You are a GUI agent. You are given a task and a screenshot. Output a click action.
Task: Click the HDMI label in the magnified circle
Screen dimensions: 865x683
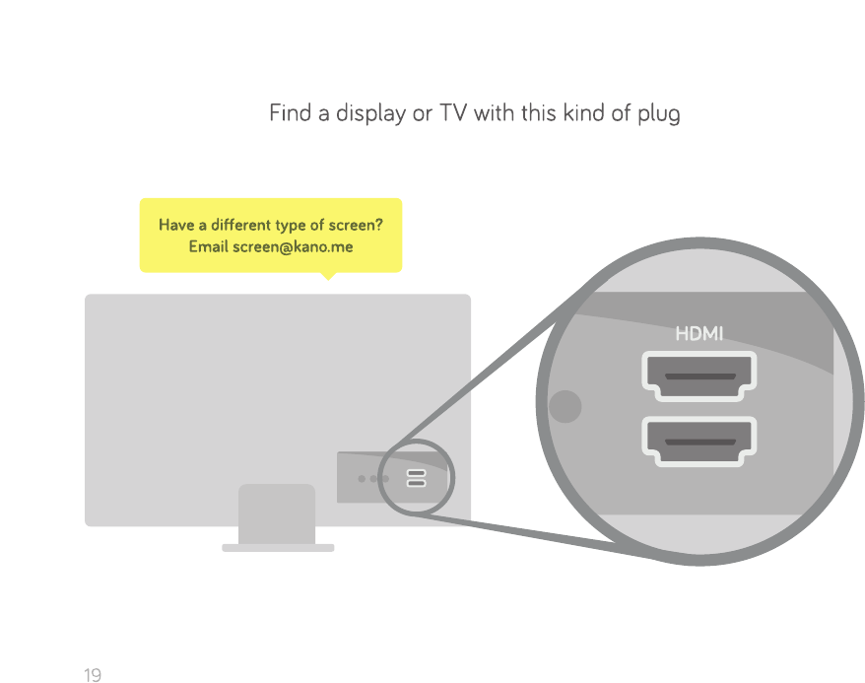[x=699, y=334]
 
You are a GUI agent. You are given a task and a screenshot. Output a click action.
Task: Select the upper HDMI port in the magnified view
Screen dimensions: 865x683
[x=699, y=376]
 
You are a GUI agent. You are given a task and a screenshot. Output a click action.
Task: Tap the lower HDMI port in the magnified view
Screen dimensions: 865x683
[x=699, y=441]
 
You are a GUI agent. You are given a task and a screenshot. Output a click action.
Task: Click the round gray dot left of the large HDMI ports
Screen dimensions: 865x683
[x=565, y=406]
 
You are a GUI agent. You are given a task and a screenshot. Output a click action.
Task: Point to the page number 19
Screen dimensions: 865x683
[x=93, y=675]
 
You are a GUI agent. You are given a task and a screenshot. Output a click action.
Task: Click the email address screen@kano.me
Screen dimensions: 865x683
[x=292, y=246]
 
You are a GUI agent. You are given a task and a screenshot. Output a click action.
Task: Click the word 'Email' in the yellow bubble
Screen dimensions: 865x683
[x=208, y=246]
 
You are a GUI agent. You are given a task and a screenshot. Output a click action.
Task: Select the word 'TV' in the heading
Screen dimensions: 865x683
[x=453, y=113]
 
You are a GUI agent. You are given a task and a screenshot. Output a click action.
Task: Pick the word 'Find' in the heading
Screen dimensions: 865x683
[x=290, y=113]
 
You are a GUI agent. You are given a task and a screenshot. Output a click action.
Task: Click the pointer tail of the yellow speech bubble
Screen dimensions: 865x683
[x=328, y=276]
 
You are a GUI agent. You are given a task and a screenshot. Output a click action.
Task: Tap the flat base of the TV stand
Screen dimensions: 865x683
[x=278, y=547]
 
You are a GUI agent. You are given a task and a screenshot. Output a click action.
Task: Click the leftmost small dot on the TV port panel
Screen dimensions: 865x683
[x=363, y=479]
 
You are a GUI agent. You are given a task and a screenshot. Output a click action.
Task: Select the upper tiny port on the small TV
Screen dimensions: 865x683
[x=416, y=473]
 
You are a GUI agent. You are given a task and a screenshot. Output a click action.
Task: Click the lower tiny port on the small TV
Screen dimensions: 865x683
[x=416, y=484]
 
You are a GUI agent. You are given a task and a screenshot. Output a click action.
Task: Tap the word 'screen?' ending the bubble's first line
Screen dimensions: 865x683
[x=354, y=225]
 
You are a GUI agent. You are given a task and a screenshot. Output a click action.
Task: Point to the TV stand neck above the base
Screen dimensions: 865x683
[x=277, y=513]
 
